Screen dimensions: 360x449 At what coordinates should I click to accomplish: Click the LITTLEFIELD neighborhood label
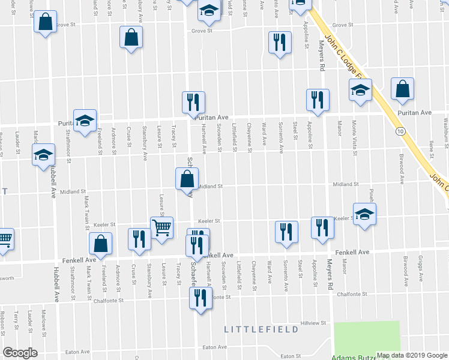[x=261, y=329]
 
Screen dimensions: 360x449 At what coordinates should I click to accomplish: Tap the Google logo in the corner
[x=20, y=353]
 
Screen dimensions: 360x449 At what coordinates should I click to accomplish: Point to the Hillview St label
[x=313, y=323]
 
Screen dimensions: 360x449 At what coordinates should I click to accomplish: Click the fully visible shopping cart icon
[x=161, y=228]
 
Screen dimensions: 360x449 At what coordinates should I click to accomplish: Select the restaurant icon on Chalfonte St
[x=199, y=298]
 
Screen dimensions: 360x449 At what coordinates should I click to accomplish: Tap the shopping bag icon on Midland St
[x=187, y=178]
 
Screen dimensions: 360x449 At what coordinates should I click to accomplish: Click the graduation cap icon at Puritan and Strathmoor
[x=85, y=119]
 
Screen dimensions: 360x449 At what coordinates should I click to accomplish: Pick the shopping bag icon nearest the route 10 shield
[x=402, y=89]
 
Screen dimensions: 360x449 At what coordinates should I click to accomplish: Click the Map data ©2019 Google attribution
[x=411, y=355]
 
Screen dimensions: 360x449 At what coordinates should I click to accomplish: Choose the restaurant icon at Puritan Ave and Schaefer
[x=193, y=102]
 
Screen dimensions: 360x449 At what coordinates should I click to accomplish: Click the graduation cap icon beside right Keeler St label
[x=364, y=215]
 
